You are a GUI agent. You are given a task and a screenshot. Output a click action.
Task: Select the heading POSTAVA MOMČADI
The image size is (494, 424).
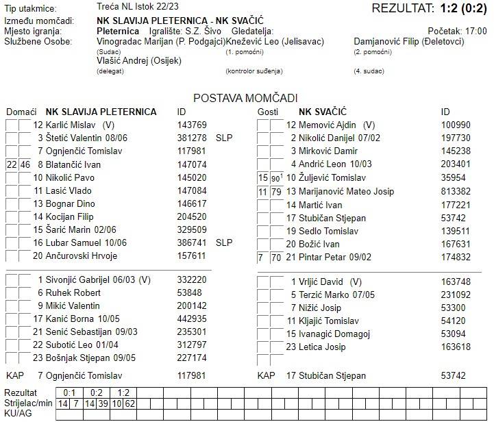tap(245, 99)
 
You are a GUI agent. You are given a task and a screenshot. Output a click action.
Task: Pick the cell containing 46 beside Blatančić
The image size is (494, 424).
tap(25, 164)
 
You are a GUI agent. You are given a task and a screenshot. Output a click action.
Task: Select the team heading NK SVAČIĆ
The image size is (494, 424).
tap(323, 112)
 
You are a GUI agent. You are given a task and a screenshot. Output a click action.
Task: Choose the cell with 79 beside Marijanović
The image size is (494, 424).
tap(276, 191)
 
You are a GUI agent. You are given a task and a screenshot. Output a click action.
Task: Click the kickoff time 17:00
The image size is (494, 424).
tap(476, 32)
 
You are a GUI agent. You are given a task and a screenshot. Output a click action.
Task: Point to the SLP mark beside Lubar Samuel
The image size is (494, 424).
tap(224, 243)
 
